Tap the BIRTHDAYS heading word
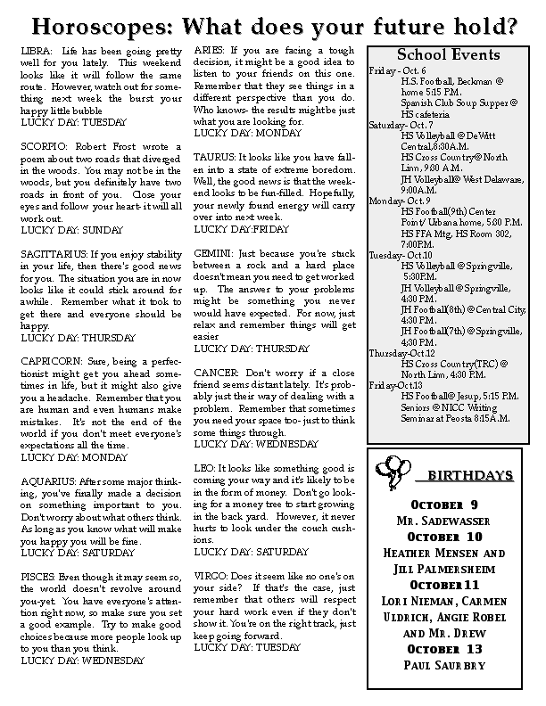click(457, 474)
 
